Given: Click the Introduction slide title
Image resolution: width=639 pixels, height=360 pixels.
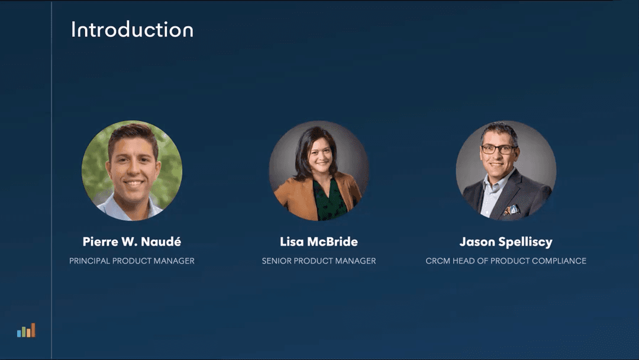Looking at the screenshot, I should click(132, 30).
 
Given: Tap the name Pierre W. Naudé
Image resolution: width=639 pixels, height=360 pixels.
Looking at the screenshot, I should click(132, 242).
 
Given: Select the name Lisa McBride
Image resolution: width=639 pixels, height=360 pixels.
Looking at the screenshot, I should click(319, 242).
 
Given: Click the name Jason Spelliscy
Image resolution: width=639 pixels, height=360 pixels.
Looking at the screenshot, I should click(506, 242).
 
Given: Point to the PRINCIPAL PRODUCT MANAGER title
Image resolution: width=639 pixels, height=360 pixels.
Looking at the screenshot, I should click(132, 261).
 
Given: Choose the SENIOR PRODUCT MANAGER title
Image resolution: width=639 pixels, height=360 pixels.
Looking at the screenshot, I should click(319, 261).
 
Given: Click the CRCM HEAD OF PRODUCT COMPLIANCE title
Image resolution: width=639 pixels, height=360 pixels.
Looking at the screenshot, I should click(506, 261).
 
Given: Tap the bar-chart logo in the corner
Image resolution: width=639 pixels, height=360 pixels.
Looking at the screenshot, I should click(26, 330).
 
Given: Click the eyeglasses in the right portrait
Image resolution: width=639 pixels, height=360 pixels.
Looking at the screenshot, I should click(498, 149).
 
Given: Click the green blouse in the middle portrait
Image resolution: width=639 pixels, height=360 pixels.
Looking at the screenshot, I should click(329, 201).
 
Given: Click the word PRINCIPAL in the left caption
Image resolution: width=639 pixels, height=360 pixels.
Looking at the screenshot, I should click(89, 261).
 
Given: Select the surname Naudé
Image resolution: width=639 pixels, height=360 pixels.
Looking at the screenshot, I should click(162, 242).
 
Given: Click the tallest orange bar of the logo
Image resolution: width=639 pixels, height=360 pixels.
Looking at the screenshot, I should click(33, 330).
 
